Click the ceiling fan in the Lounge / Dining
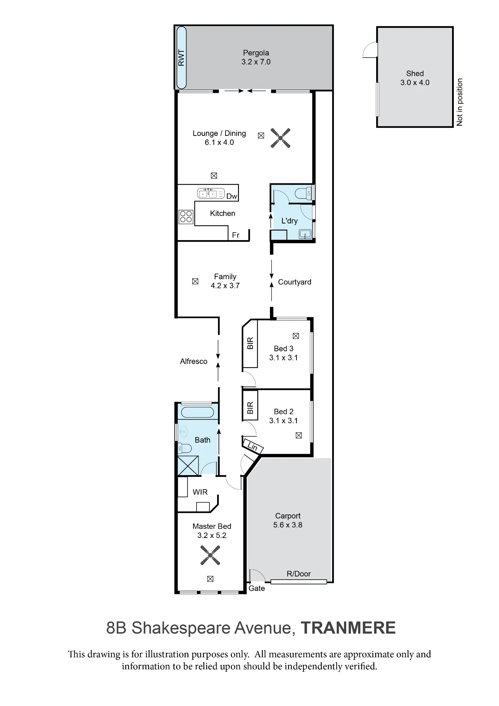point(281,138)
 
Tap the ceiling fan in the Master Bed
point(210,555)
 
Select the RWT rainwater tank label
point(181,58)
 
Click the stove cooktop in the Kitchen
point(186,217)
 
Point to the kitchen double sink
point(211,193)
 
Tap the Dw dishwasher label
point(232,196)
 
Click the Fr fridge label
point(236,235)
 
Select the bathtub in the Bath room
point(197,412)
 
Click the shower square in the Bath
point(188,466)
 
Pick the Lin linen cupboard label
point(253,447)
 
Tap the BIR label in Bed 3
point(250,343)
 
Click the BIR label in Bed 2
point(250,408)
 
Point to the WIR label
point(200,492)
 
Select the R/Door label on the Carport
point(299,574)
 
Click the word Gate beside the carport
point(257,588)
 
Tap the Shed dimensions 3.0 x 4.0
point(415,83)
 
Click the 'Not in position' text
point(459,102)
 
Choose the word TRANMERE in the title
point(348,628)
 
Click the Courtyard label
point(295,282)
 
